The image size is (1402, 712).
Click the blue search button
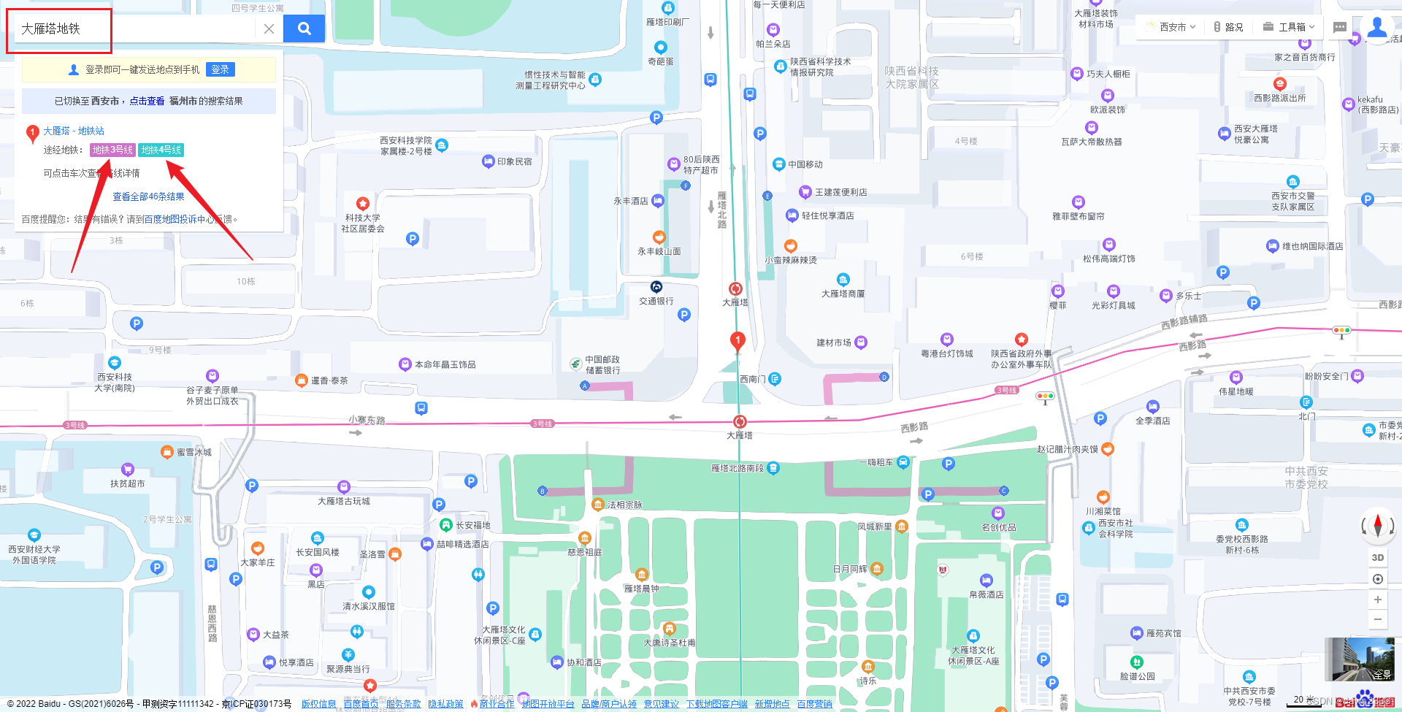click(304, 28)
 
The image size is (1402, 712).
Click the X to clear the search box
click(269, 28)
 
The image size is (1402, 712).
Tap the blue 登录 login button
click(220, 69)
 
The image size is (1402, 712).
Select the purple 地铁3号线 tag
click(112, 150)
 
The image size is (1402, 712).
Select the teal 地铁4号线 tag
click(161, 150)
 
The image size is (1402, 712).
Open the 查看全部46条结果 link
click(148, 196)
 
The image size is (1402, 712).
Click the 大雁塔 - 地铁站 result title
click(74, 131)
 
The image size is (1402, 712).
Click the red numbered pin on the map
click(738, 340)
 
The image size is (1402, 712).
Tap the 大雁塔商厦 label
click(843, 294)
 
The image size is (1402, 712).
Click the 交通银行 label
click(656, 300)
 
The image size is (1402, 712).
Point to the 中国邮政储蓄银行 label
click(602, 364)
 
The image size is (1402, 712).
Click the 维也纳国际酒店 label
click(1312, 246)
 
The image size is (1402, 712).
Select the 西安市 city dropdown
click(1173, 27)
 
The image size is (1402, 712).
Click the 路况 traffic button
click(1228, 27)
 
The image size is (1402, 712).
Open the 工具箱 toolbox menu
click(1290, 27)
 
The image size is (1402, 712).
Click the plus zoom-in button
click(1378, 600)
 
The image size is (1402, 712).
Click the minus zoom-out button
click(1378, 619)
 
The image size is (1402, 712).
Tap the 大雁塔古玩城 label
click(343, 501)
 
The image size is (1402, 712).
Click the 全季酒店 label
click(1152, 421)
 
